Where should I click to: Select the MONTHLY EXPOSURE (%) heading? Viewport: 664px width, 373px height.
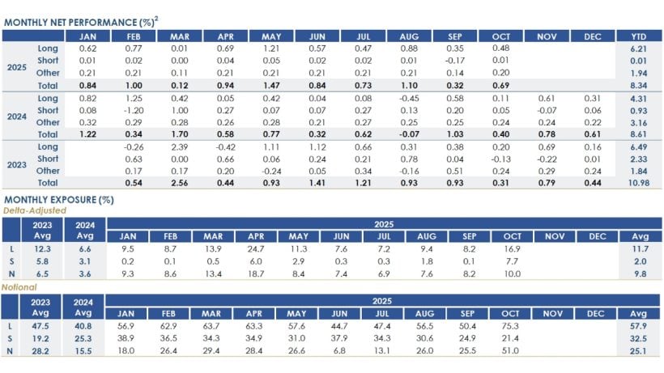(58, 199)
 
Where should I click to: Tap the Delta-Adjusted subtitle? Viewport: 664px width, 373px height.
(33, 210)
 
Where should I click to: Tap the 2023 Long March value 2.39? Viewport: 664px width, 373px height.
(179, 146)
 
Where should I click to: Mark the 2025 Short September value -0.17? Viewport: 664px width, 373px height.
(455, 61)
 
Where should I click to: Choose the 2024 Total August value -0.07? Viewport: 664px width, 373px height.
(409, 134)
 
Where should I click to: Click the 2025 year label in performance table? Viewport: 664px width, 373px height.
(14, 66)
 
